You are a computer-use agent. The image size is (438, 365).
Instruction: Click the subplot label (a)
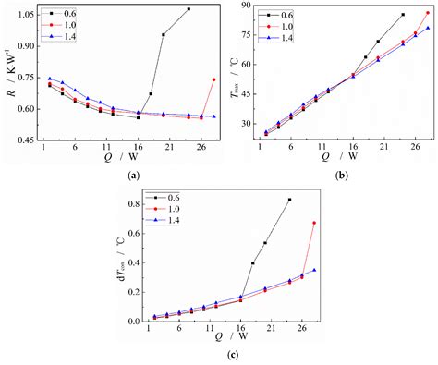(x=134, y=174)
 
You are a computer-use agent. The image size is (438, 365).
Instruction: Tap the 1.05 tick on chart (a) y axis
(x=28, y=13)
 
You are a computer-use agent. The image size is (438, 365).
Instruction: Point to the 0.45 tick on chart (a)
(x=28, y=140)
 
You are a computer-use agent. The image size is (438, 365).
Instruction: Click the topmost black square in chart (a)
(x=189, y=9)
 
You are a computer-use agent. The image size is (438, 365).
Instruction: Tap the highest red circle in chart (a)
(x=213, y=79)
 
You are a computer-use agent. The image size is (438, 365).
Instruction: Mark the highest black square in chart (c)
(x=289, y=200)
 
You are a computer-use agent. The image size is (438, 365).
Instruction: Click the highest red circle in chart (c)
(x=314, y=223)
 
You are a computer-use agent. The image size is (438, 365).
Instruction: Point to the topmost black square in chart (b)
(x=403, y=15)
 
